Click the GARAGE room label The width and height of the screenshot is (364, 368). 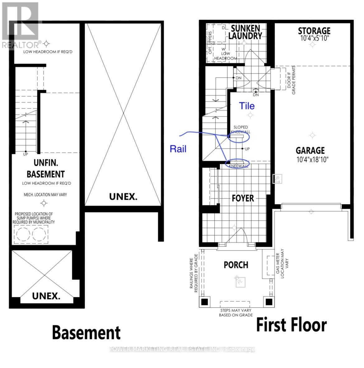(310, 151)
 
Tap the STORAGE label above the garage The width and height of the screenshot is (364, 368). (314, 31)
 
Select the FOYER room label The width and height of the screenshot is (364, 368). (243, 198)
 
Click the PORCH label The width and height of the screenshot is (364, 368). (236, 265)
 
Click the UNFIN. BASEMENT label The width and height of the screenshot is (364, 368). (46, 169)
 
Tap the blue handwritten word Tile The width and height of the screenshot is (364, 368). (247, 106)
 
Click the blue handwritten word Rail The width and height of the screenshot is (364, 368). (178, 149)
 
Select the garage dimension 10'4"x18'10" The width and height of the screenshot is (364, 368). (312, 160)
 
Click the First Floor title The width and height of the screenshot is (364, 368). (291, 325)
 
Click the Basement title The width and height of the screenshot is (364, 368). (86, 332)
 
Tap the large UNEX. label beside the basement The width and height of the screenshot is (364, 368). (123, 197)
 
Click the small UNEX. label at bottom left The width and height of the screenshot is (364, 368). (46, 296)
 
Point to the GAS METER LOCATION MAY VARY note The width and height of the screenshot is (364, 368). (280, 261)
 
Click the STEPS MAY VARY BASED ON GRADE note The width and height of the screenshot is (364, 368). (235, 313)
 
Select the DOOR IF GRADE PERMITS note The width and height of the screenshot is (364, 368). (291, 79)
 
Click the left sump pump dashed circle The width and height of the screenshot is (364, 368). (23, 234)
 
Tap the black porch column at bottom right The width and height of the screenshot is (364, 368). (268, 302)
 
